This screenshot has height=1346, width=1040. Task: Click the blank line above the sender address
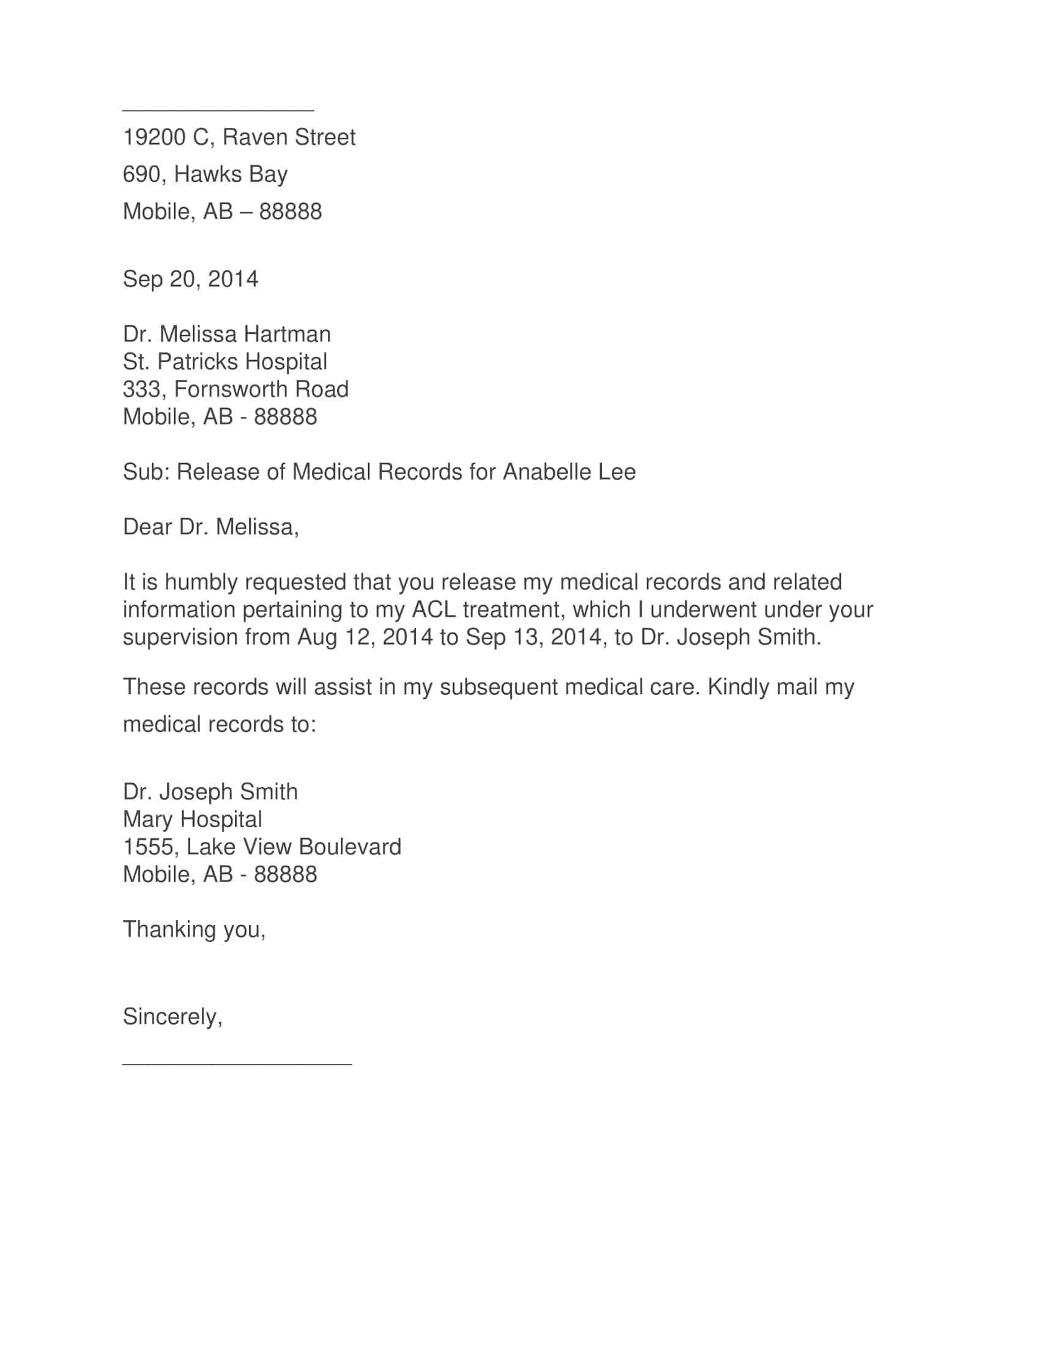(218, 110)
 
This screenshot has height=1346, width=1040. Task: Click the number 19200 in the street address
(154, 138)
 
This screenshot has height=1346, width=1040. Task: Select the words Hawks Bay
(231, 174)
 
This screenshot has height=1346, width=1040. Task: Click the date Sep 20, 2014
(190, 279)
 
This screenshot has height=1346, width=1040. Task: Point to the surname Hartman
(287, 334)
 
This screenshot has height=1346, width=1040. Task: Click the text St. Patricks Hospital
(225, 362)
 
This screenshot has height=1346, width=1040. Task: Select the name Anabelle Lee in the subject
(570, 472)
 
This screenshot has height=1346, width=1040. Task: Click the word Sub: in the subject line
(146, 472)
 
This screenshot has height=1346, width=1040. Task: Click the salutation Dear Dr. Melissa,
(210, 527)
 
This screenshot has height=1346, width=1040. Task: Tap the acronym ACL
(434, 609)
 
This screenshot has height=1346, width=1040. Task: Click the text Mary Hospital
(192, 819)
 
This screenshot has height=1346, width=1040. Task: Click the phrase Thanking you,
(194, 929)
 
